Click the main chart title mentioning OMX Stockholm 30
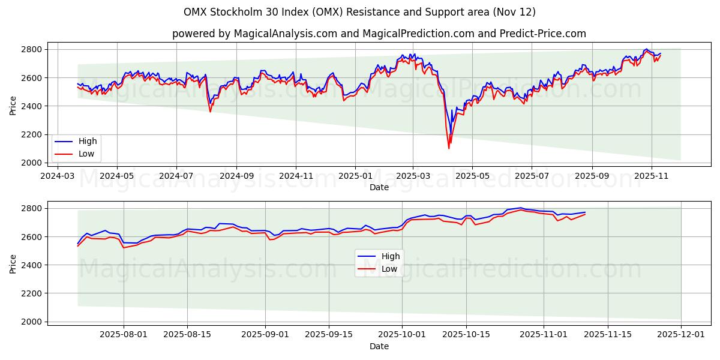click(360, 12)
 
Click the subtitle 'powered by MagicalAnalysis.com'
click(379, 34)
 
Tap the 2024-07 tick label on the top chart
click(176, 176)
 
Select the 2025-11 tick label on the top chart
click(651, 176)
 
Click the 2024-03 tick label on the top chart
click(57, 176)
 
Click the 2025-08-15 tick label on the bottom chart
click(187, 335)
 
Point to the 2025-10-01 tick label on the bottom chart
click(402, 335)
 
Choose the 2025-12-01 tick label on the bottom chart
click(681, 335)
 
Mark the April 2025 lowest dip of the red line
click(449, 148)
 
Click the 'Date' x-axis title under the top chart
click(379, 187)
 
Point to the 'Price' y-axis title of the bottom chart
click(13, 264)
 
